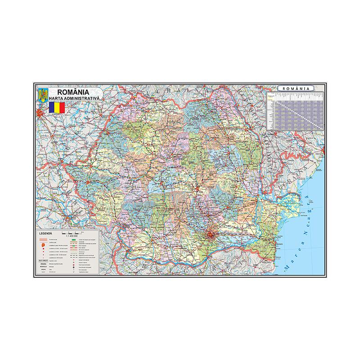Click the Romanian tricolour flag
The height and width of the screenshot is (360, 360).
[57, 108]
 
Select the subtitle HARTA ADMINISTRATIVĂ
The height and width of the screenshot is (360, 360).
[76, 98]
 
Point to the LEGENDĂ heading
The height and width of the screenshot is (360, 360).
[46, 234]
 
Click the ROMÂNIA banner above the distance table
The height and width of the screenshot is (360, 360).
[296, 88]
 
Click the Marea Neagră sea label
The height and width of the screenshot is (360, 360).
[305, 234]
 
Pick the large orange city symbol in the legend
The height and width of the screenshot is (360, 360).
[44, 245]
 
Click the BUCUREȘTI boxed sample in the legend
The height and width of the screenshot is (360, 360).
[44, 261]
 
